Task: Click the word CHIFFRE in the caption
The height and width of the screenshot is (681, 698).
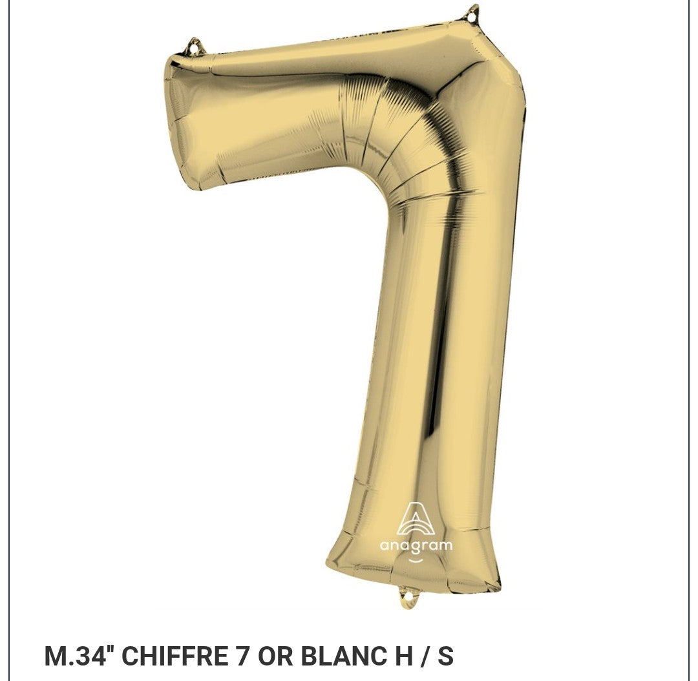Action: point(174,656)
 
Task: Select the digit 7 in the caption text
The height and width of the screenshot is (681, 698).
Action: point(243,656)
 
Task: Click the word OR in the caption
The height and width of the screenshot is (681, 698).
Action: point(274,656)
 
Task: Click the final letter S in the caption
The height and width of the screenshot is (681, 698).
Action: point(445,656)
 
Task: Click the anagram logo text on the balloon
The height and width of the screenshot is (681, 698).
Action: point(416,546)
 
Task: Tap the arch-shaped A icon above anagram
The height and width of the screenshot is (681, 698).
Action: point(415,520)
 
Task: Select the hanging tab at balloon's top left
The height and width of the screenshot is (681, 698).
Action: point(195,47)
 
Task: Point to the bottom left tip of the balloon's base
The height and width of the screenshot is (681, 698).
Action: point(328,565)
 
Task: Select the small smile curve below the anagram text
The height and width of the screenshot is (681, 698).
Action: point(416,560)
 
